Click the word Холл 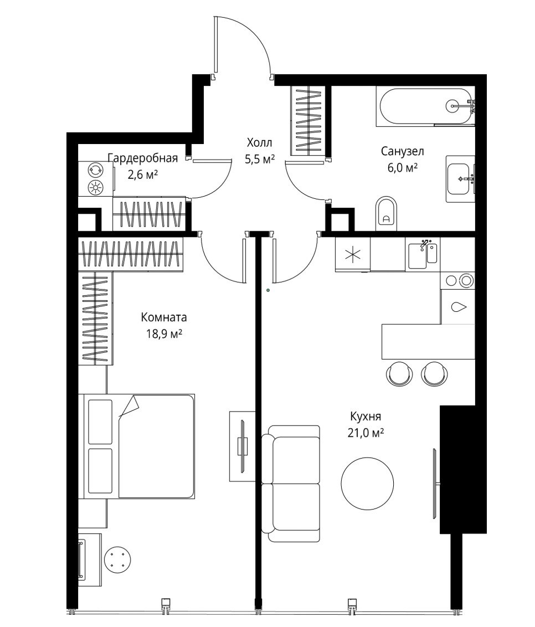point(259,142)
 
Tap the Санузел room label point(402,152)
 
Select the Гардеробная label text point(143,158)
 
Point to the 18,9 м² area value point(164,333)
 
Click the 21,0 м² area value point(366,433)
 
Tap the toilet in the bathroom point(386,214)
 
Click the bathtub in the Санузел point(425,106)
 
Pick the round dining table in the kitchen point(367,484)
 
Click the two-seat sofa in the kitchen point(291,484)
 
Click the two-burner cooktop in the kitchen point(458,280)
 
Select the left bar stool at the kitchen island point(399,373)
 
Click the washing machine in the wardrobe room point(96,179)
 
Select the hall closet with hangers point(308,121)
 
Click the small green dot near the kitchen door point(268,290)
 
